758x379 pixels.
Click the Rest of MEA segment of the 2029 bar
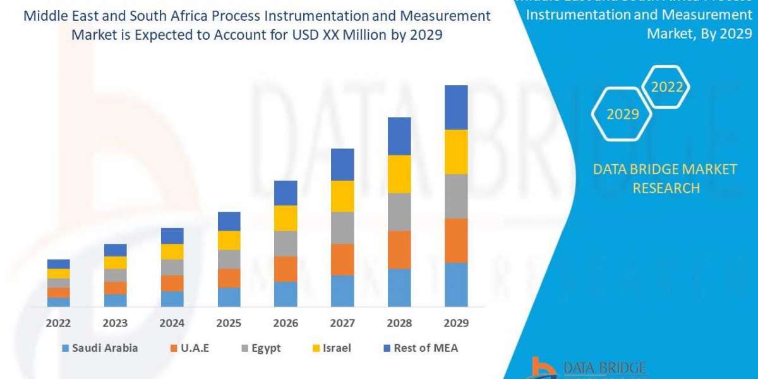point(456,107)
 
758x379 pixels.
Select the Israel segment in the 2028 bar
point(399,174)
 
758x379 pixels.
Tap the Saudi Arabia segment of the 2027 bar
point(342,291)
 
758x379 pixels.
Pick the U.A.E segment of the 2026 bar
point(286,268)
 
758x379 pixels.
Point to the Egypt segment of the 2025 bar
point(229,259)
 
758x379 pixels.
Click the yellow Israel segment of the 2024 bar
point(172,251)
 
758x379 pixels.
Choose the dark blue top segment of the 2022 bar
point(59,264)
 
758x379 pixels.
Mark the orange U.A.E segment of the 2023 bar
point(115,288)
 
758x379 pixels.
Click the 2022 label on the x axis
point(59,323)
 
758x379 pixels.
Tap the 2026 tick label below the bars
point(286,323)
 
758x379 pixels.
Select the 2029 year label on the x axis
point(456,323)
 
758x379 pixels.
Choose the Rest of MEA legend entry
point(420,348)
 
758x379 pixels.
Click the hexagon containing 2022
point(666,87)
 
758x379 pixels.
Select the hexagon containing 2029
point(622,114)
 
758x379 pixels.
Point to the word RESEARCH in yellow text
point(666,188)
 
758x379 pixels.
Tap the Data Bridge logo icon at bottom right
point(542,368)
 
